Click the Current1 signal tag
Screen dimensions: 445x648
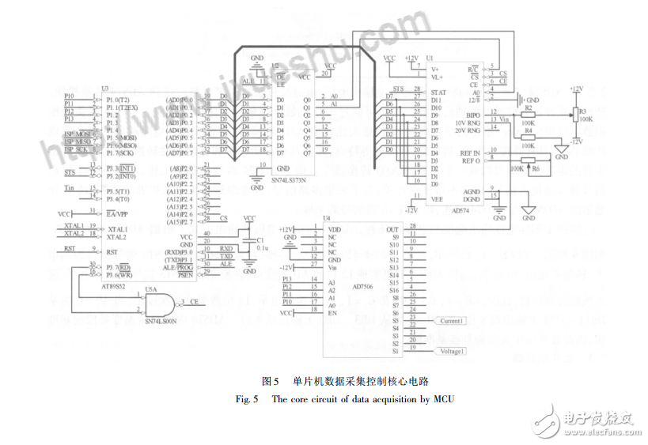pos(452,321)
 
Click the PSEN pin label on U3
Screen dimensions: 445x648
pos(186,274)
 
